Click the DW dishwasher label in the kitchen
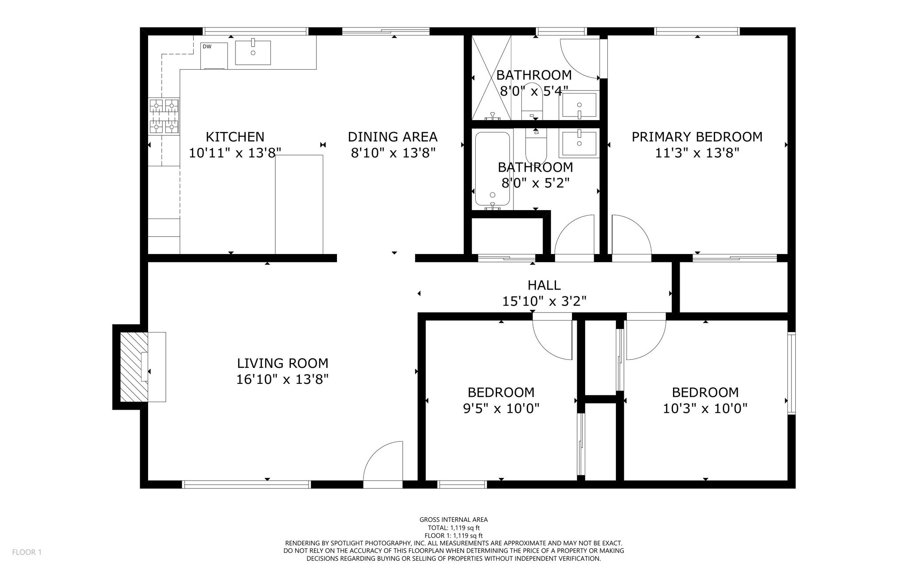[207, 47]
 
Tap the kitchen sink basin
[253, 52]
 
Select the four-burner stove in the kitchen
[164, 116]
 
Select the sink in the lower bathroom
[579, 144]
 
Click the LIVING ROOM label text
[283, 364]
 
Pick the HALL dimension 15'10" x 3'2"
[544, 301]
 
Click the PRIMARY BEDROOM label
[697, 137]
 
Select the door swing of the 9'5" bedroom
[552, 340]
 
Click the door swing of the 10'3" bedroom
[646, 340]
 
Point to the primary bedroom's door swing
[632, 235]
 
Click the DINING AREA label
[392, 137]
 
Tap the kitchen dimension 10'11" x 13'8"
[235, 153]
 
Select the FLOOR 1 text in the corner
[27, 552]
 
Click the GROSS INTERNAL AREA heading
[454, 520]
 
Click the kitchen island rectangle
[299, 204]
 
